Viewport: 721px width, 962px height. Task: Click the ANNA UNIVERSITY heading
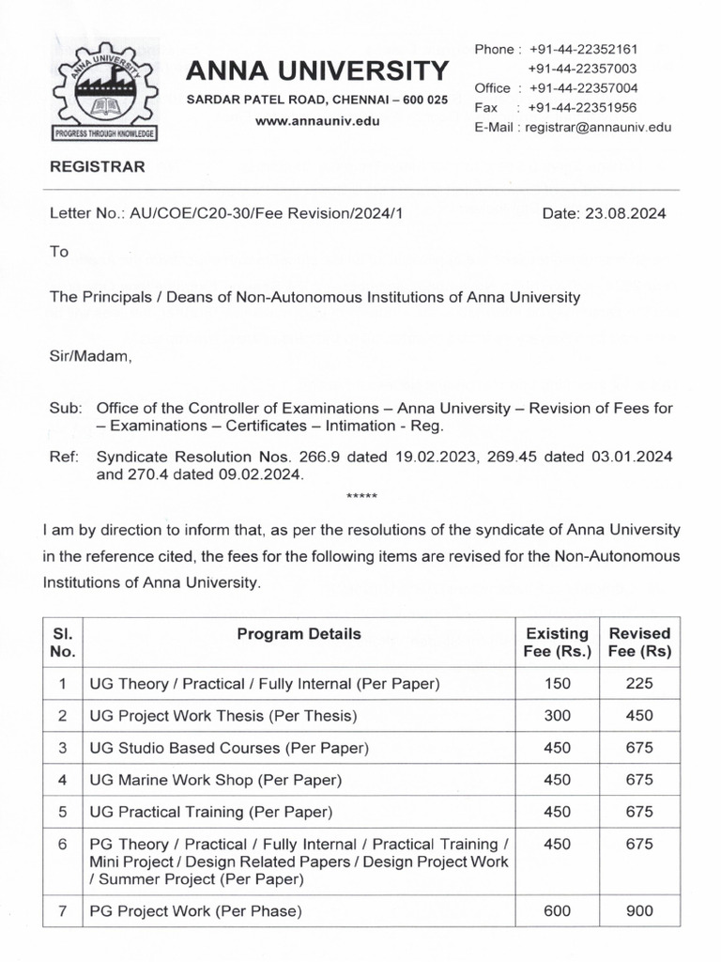(316, 70)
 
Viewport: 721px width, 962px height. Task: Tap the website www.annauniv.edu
(316, 122)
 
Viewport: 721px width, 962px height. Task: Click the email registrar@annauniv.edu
(598, 128)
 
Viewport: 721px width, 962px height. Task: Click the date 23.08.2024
(604, 213)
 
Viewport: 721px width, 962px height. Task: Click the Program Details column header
(299, 634)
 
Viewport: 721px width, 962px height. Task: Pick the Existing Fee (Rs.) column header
(557, 643)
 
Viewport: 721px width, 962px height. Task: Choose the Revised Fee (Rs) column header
(639, 643)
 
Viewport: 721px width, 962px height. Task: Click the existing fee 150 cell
(557, 684)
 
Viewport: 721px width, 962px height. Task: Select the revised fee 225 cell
(639, 684)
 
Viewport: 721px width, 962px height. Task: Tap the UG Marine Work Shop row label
(215, 780)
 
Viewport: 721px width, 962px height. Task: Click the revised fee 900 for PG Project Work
(639, 910)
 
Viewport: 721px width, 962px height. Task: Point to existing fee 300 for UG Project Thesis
(557, 716)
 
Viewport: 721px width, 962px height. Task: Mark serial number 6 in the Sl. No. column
(62, 845)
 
